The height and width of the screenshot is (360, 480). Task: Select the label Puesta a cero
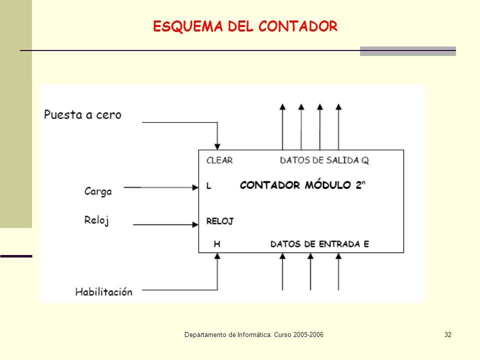pos(82,115)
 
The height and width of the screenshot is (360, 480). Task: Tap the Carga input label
pos(97,190)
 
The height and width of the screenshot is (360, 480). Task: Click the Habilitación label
pos(104,291)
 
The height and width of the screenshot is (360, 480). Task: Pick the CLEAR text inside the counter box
pos(219,160)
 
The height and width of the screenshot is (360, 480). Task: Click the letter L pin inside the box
pos(209,185)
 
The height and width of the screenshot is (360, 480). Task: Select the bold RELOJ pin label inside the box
pos(220,220)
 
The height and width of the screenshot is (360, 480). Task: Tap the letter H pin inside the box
pos(217,244)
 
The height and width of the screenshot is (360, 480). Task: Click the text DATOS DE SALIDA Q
pos(324,160)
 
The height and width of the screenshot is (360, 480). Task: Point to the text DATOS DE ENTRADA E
pos(319,244)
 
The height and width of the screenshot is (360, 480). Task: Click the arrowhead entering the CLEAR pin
pos(217,146)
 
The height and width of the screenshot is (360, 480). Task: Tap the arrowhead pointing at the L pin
pos(194,188)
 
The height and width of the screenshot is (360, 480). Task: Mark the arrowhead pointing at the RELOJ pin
pos(194,224)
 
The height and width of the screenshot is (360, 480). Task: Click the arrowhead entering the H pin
pos(217,256)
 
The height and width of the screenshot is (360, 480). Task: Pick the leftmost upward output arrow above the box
pos(282,106)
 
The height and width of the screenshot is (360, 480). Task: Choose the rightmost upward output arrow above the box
pos(338,106)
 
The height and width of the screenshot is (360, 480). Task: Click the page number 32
pos(447,334)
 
